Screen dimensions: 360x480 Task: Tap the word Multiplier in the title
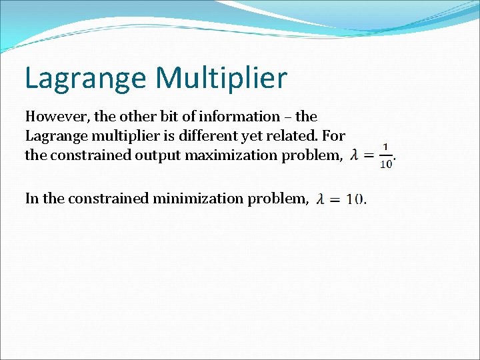221,77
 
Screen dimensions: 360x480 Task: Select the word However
57,117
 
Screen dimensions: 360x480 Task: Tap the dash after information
289,117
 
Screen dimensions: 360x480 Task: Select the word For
334,136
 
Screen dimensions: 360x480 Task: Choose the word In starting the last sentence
32,198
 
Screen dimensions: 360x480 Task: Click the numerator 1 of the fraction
386,148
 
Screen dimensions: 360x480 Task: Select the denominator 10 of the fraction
386,164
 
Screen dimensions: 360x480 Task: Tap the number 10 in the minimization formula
355,199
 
